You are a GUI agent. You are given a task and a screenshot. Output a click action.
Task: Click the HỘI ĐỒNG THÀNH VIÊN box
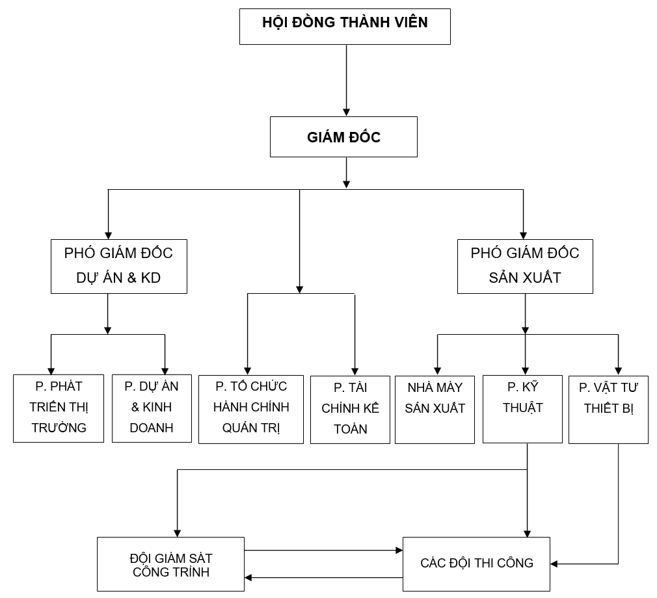coord(345,26)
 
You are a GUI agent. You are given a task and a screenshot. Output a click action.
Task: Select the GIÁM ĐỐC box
coord(343,136)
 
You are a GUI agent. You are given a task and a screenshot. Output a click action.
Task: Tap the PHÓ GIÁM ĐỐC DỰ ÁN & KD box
coord(118,266)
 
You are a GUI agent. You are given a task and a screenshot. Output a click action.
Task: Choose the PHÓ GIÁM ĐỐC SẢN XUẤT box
coord(524,266)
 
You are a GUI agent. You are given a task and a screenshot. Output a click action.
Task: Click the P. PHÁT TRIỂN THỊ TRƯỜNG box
coord(59,408)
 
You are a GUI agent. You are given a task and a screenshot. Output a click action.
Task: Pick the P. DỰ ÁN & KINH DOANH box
coord(152,408)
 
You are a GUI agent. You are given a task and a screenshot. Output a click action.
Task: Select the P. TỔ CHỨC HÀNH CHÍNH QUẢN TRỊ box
coord(251,408)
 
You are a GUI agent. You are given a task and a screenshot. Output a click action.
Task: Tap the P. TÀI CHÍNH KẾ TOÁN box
coord(350,409)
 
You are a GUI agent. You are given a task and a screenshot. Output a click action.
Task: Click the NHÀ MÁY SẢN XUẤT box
coord(435,409)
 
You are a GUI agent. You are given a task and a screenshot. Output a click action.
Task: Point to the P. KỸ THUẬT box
coord(522,408)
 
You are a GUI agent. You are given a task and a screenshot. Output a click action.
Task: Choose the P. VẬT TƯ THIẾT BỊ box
coord(608,409)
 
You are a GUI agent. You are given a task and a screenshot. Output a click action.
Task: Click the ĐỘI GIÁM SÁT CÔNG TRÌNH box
coord(171,564)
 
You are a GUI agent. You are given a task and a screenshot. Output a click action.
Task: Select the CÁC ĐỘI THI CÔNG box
coord(476,564)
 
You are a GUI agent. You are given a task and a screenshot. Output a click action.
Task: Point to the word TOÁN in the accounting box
coord(351,429)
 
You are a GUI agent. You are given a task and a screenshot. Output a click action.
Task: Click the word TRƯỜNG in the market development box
coord(59,428)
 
